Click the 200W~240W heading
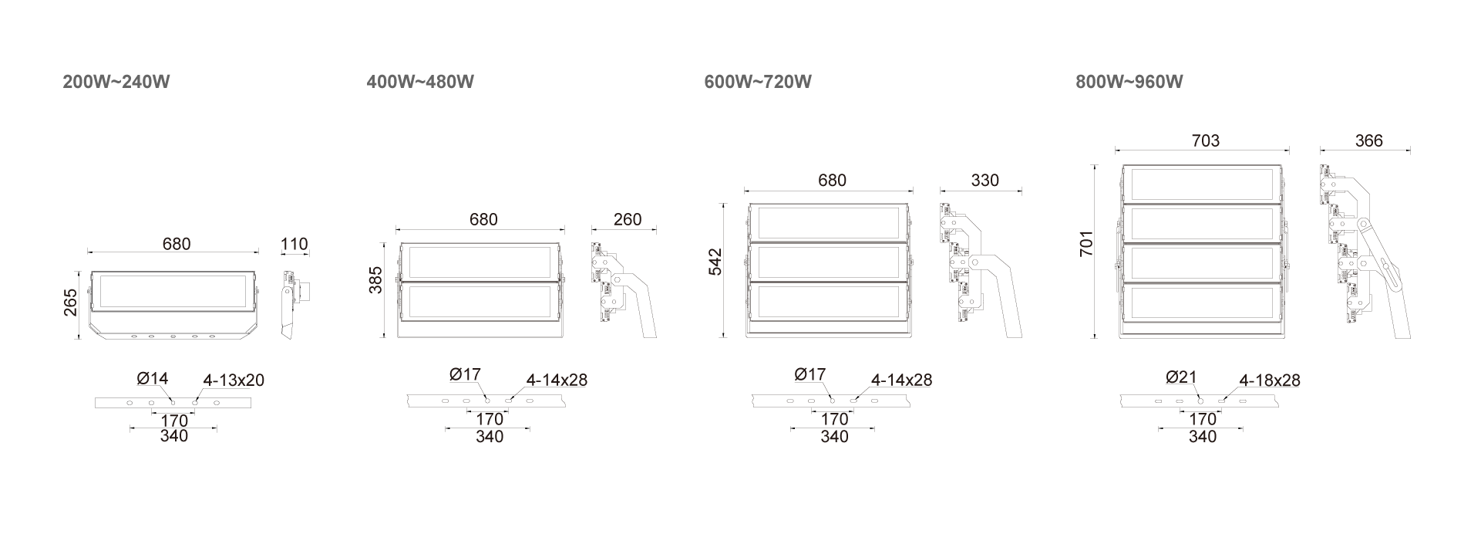(x=116, y=82)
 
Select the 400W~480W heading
(x=420, y=82)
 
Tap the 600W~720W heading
(x=758, y=82)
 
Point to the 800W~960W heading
(x=1129, y=82)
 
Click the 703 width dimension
(x=1206, y=140)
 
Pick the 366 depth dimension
(x=1368, y=140)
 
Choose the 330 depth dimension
(x=985, y=181)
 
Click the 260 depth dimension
(x=627, y=220)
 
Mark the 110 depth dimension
(x=295, y=245)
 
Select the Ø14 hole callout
(x=152, y=379)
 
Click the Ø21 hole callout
(x=1181, y=377)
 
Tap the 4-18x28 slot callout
(x=1269, y=380)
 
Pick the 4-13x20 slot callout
(x=234, y=380)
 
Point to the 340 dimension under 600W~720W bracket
(x=834, y=438)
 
